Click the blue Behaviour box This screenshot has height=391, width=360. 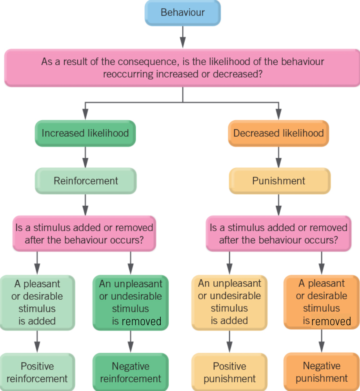coord(182,13)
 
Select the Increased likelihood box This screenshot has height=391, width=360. coord(85,133)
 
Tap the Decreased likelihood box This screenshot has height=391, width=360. coord(278,133)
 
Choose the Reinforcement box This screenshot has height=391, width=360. coord(85,181)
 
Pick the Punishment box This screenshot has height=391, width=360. coord(279,181)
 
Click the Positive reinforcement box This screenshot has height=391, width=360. coord(37,372)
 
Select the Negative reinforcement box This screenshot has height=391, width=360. coord(131,372)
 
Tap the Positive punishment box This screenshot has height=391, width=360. coord(229,372)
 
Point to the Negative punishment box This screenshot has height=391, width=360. coord(322,372)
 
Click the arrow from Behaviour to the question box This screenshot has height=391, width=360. coord(182,37)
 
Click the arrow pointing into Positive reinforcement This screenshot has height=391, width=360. coord(37,342)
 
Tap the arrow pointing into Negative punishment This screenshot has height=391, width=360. coord(322,342)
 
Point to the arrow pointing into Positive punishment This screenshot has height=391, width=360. coord(229,342)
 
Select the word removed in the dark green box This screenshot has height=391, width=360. coord(141,322)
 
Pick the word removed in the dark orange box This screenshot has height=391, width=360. coord(331,322)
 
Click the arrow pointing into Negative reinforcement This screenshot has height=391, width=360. coord(131,342)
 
